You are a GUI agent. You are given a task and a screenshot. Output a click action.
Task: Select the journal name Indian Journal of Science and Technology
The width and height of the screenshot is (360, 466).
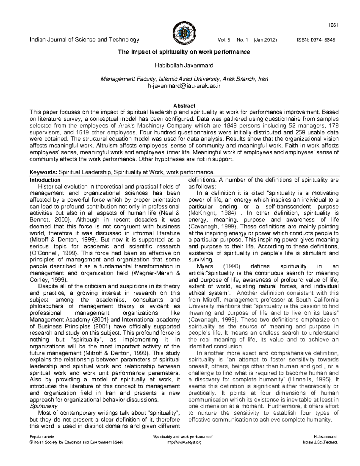84,40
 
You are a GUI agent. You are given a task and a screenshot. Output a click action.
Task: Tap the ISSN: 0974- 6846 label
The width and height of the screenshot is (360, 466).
316,40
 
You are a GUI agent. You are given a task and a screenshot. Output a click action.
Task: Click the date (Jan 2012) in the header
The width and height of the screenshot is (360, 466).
265,40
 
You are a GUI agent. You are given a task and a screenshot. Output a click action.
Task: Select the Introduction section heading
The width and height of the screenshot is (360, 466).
45,180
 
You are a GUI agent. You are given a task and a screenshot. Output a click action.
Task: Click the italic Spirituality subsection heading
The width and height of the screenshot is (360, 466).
44,406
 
